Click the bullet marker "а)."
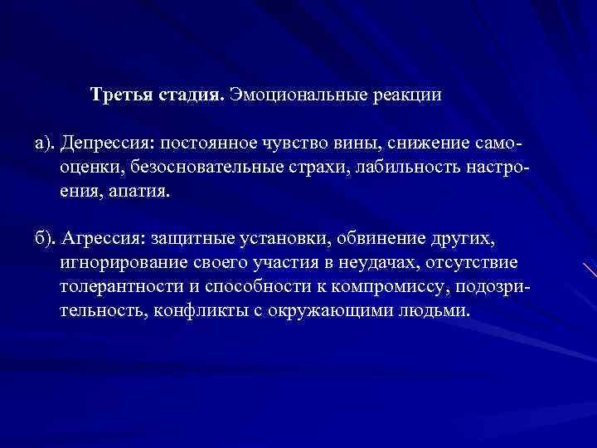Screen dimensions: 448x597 (x=47, y=144)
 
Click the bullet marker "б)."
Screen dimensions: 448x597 (x=47, y=240)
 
